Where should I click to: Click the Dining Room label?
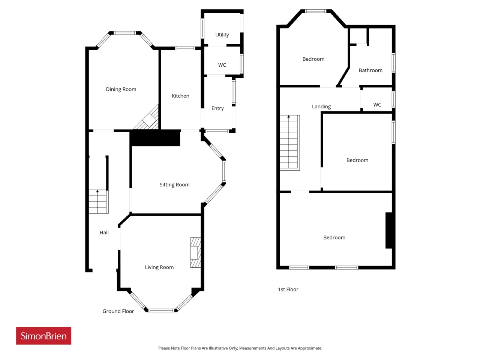pyautogui.click(x=121, y=89)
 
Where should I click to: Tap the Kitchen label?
pyautogui.click(x=180, y=96)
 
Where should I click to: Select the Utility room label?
pyautogui.click(x=222, y=35)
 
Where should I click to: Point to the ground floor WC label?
pyautogui.click(x=222, y=65)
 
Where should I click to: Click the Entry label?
pyautogui.click(x=217, y=108)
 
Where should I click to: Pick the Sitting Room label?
pyautogui.click(x=174, y=185)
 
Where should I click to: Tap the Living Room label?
pyautogui.click(x=159, y=267)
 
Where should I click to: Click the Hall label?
pyautogui.click(x=104, y=232)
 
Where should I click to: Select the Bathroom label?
pyautogui.click(x=370, y=70)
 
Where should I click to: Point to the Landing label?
pyautogui.click(x=321, y=106)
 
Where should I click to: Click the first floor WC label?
pyautogui.click(x=377, y=105)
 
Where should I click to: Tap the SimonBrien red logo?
pyautogui.click(x=43, y=336)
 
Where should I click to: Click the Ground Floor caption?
pyautogui.click(x=118, y=311)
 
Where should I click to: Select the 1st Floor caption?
pyautogui.click(x=288, y=289)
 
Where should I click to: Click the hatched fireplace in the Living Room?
pyautogui.click(x=195, y=253)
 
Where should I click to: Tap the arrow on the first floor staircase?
pyautogui.click(x=289, y=117)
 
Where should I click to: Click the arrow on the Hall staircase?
pyautogui.click(x=97, y=191)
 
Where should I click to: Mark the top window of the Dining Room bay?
pyautogui.click(x=125, y=33)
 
